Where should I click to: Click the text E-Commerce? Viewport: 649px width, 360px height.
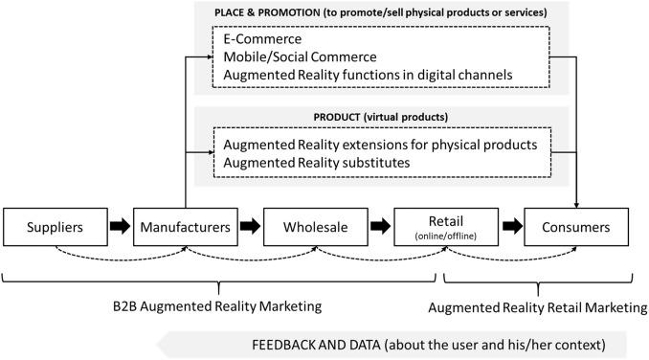(x=260, y=40)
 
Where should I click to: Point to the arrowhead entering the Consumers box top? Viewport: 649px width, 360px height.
(x=577, y=202)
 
